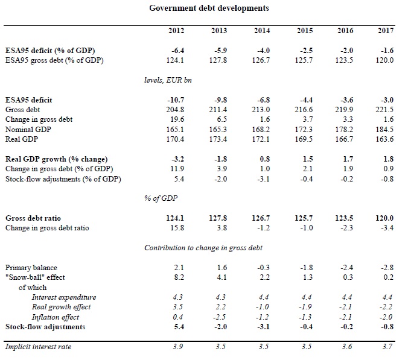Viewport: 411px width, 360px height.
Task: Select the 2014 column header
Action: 262,31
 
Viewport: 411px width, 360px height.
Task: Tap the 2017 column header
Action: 384,31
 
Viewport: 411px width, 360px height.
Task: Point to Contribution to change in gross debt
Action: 203,248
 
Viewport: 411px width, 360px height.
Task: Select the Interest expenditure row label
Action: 64,297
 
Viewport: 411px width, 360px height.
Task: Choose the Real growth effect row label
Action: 62,307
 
